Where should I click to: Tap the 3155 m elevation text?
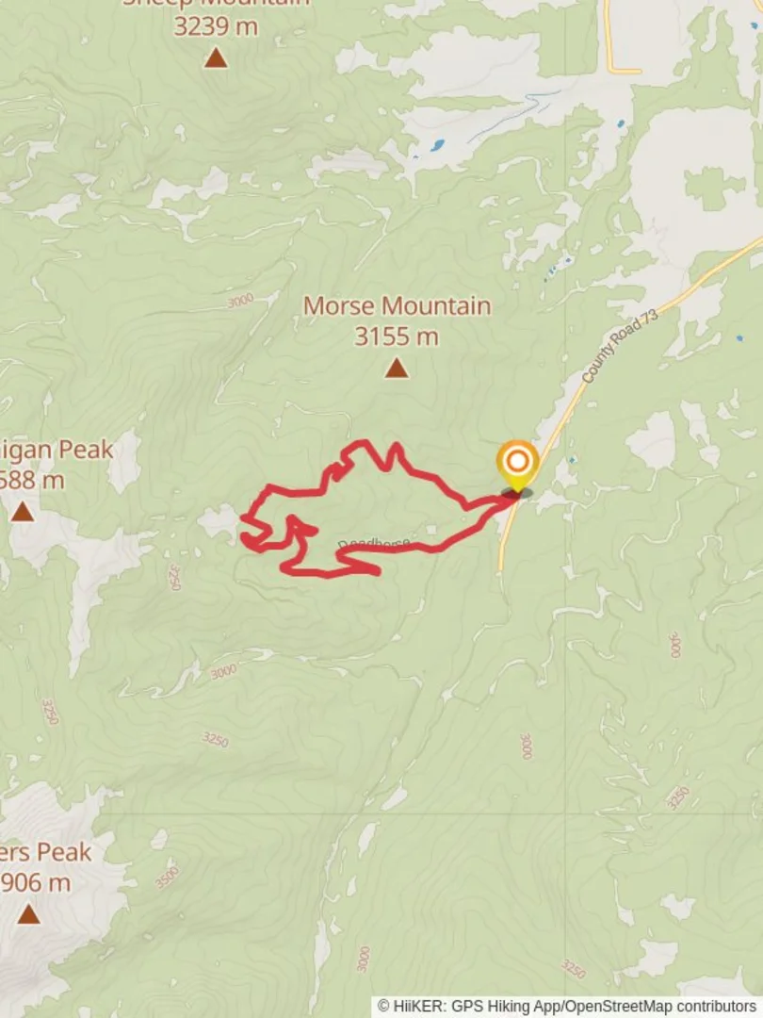pos(397,337)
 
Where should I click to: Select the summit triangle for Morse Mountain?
pos(397,368)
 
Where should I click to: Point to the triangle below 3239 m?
pos(216,58)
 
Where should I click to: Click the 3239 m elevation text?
pos(216,26)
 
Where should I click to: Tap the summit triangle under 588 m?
pos(23,512)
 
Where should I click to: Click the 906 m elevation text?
pos(36,883)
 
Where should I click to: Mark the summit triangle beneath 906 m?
pos(28,913)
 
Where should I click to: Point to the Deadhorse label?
pos(373,543)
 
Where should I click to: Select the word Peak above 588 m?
pos(86,450)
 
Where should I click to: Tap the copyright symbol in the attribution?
pos(384,1007)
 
